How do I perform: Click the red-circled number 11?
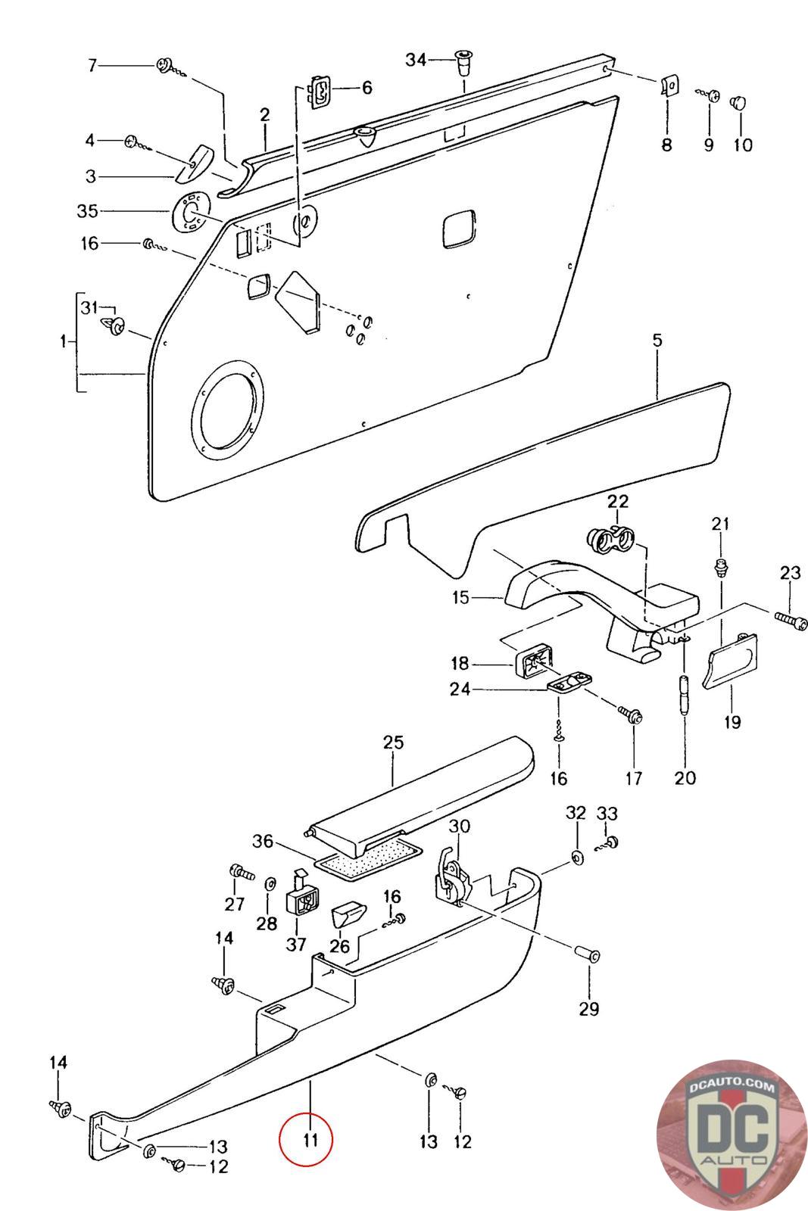point(306,1139)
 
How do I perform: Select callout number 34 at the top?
point(416,60)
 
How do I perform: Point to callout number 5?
point(657,341)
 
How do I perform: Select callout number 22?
point(618,501)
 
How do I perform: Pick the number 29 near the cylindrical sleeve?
point(589,1008)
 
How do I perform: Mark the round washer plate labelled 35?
point(186,213)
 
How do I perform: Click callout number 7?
point(92,66)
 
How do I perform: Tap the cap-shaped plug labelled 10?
point(739,101)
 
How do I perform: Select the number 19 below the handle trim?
point(732,721)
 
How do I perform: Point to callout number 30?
point(460,826)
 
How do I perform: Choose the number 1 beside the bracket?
point(63,341)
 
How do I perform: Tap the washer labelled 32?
point(576,858)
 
